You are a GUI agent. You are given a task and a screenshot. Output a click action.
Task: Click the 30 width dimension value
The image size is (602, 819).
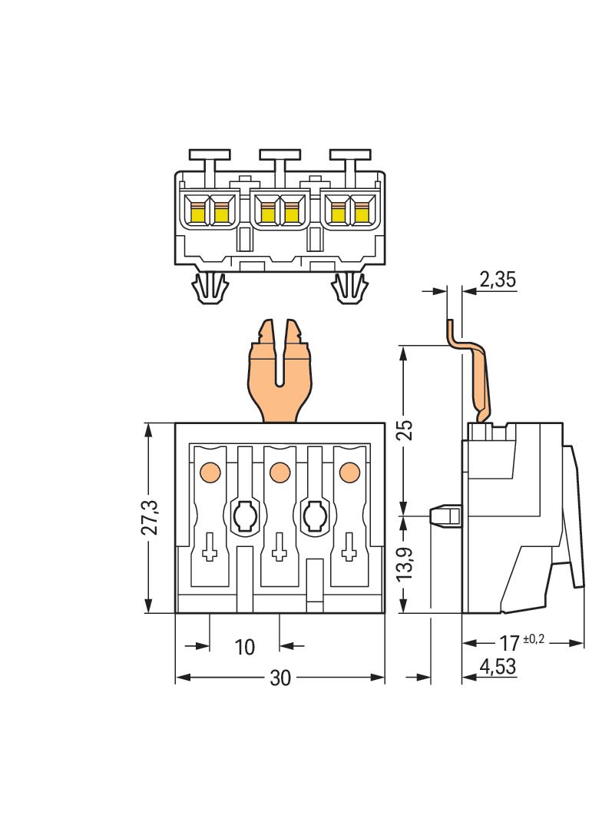point(280,678)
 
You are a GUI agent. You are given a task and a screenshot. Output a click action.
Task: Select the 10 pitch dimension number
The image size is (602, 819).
point(244,647)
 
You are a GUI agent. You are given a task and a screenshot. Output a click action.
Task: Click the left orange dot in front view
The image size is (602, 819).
point(210,471)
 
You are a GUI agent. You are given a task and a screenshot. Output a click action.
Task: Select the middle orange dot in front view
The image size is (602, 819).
point(279,471)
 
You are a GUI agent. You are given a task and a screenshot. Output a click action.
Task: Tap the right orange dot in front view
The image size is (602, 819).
point(349,471)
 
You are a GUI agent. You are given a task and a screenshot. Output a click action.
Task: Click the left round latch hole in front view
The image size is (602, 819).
point(244,516)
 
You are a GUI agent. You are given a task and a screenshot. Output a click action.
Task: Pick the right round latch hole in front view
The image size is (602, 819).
point(314,516)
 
